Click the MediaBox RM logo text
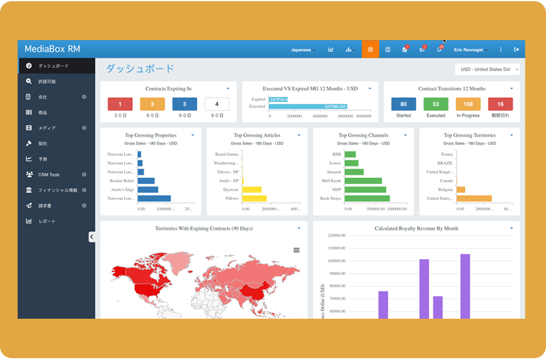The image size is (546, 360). coord(52,49)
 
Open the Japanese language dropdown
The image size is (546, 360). coord(303,50)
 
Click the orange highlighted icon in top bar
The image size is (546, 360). coord(370,50)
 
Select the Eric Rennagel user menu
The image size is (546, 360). coord(471,50)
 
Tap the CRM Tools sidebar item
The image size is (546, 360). coord(49,175)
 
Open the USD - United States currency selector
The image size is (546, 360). coord(487,70)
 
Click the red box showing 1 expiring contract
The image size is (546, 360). coord(120,104)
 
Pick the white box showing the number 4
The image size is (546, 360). coord(217,104)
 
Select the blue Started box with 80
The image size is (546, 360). coord(403,104)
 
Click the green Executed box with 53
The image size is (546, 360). coord(436,104)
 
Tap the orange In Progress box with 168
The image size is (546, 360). coord(468,104)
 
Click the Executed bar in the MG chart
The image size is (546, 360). coord(315,107)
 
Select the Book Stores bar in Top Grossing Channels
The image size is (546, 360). coord(367,199)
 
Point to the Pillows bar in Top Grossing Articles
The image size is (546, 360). coord(254,199)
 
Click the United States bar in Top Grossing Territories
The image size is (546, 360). coord(474,199)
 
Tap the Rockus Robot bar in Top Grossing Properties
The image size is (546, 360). coord(146,181)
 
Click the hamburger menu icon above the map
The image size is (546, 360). coord(296,250)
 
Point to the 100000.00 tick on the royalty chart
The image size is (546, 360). coord(335,260)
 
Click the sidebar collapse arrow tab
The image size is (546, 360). coord(92,237)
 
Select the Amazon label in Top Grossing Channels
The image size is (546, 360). coord(333,172)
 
